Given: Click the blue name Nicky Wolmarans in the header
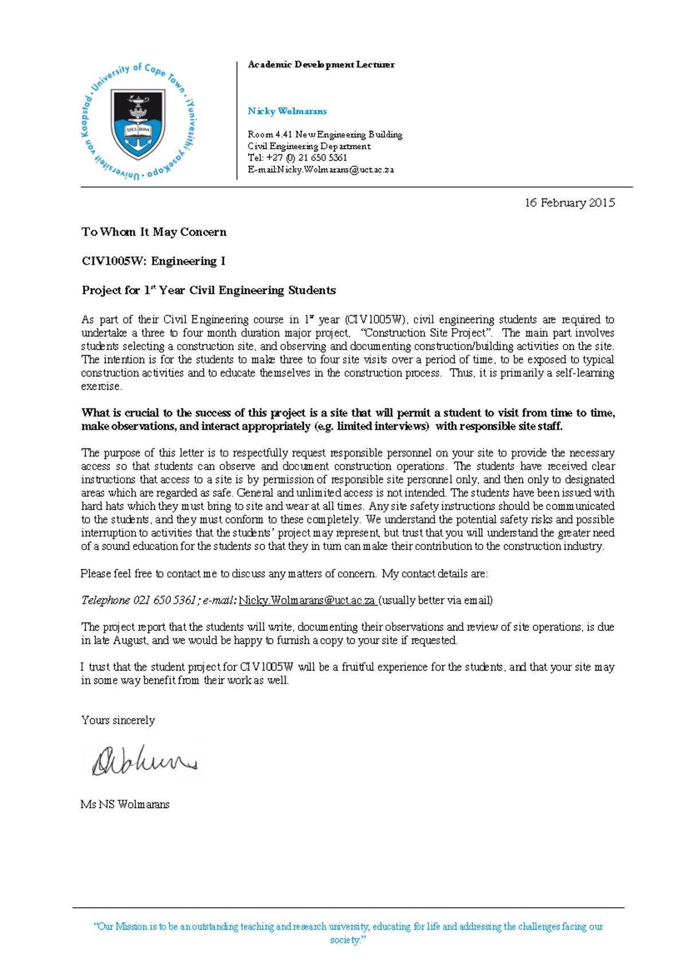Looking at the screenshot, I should click(287, 111).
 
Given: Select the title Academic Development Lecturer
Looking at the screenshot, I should click(320, 65).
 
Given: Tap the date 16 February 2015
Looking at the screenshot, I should click(569, 202).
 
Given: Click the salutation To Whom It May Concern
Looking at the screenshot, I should click(154, 232).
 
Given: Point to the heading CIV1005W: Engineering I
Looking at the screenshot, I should click(153, 261).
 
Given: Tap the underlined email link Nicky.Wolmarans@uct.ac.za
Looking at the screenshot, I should click(307, 600).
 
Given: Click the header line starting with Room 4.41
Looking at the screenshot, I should click(325, 134).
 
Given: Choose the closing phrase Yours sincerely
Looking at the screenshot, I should click(118, 720).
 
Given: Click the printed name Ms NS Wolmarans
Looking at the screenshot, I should click(125, 804).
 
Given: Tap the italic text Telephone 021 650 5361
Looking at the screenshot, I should click(139, 600).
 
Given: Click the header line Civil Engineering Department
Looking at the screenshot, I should click(309, 146).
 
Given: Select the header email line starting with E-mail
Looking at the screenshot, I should click(320, 170).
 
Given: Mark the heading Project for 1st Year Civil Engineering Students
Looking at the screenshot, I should click(209, 290).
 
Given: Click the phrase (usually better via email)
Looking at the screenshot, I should click(436, 600).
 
